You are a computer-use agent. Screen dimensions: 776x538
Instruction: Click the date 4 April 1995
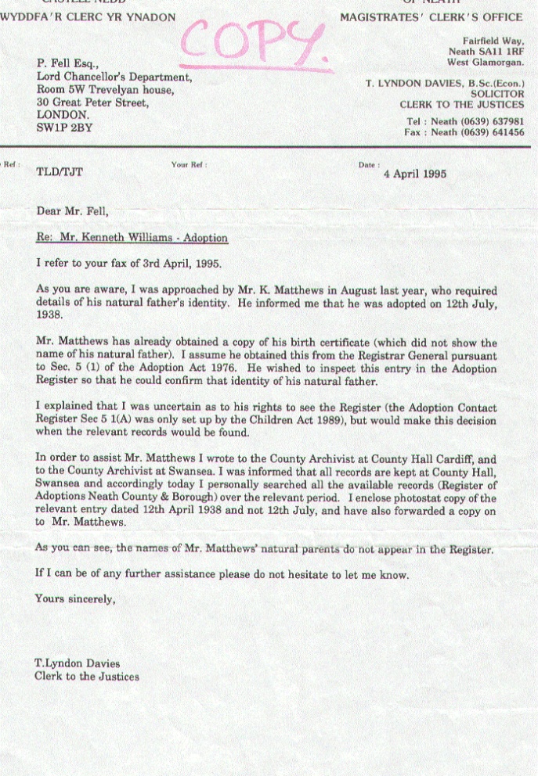click(414, 174)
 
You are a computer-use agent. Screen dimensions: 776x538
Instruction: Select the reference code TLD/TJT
click(59, 174)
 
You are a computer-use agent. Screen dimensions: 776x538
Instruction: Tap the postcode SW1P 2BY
click(64, 127)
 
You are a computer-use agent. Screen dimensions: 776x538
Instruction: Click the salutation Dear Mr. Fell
click(73, 212)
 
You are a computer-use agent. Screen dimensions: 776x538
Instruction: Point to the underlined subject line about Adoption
click(132, 238)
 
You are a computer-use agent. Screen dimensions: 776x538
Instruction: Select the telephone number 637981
click(504, 121)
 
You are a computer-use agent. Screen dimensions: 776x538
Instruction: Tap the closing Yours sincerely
click(75, 600)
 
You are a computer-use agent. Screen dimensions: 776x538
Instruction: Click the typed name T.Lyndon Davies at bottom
click(77, 664)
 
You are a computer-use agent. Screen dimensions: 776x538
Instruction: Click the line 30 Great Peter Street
click(92, 102)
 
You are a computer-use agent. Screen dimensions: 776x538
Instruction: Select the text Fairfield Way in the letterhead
click(493, 40)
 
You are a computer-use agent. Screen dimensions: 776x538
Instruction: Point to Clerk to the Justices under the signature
click(87, 677)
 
